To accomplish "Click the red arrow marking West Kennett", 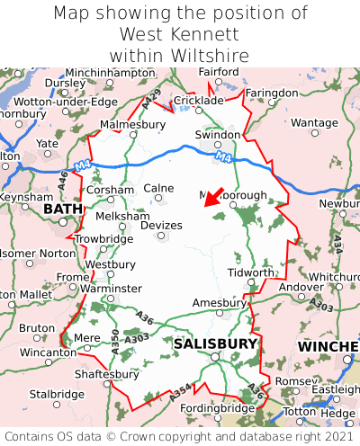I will tap(213, 198).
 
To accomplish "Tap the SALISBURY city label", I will tap(215, 343).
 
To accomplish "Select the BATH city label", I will tap(62, 210).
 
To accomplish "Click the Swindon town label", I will tap(218, 135).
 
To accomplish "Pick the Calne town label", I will tap(158, 188).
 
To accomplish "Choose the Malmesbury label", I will tap(133, 124).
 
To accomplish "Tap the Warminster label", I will tap(112, 288).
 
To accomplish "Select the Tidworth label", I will tap(250, 272).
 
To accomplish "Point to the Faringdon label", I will tap(271, 93).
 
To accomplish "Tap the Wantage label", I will tap(314, 122).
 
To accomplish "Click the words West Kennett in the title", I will tap(180, 34).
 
